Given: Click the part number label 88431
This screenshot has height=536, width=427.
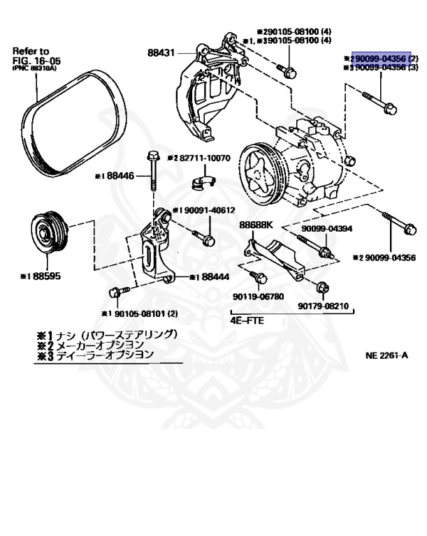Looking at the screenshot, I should [x=161, y=52].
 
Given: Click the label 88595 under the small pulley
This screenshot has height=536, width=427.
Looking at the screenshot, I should [x=46, y=276].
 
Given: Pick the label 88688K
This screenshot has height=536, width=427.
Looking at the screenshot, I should [x=256, y=225].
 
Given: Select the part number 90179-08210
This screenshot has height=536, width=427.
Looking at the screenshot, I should [x=322, y=305].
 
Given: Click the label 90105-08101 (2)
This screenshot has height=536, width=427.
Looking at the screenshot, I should [x=145, y=313].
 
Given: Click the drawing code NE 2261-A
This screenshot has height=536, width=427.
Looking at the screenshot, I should [x=386, y=355].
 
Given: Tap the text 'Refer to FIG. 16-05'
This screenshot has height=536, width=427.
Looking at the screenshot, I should [x=31, y=56].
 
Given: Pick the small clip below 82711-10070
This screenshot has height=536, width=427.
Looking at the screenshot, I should [x=202, y=184].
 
